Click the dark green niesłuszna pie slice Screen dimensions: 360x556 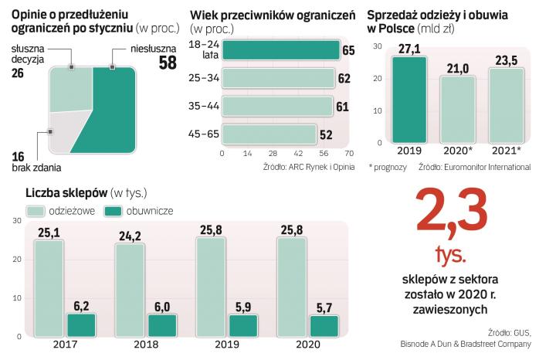click(x=112, y=116)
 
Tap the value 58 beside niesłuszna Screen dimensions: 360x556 click(x=168, y=63)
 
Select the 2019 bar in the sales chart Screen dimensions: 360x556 click(x=409, y=98)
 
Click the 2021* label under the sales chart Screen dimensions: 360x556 click(x=507, y=150)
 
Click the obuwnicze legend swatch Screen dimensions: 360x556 click(x=113, y=210)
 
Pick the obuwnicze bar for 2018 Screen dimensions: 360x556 click(x=161, y=325)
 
